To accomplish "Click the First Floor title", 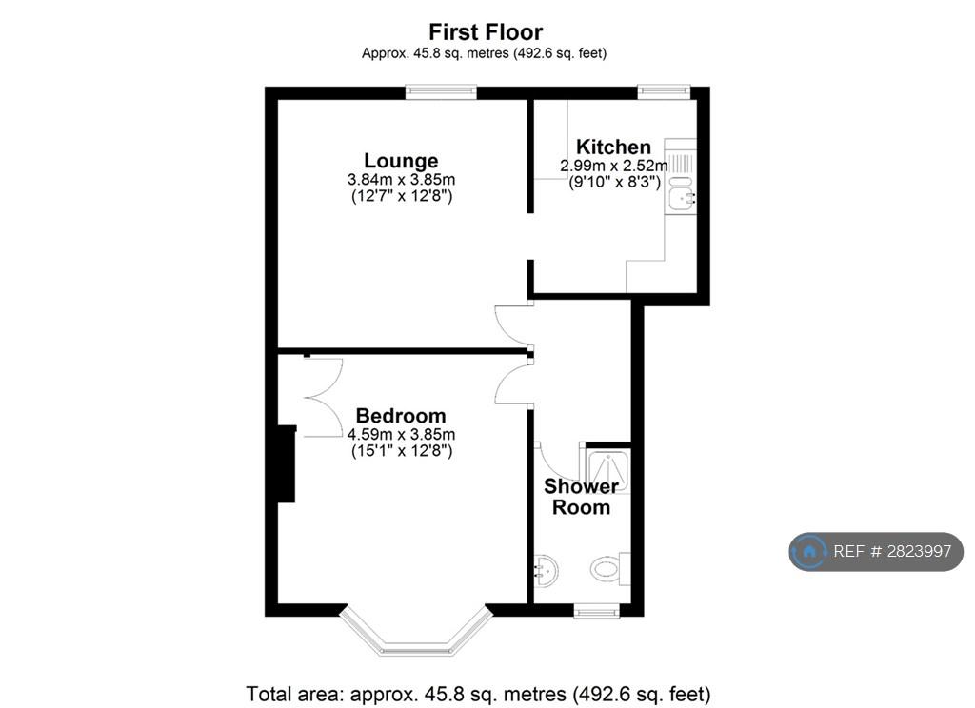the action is pos(486,31).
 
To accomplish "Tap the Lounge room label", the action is pos(401,161).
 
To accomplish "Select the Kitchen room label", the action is pos(614,147).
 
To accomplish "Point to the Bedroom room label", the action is pos(401,415).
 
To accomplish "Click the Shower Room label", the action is pos(582,497).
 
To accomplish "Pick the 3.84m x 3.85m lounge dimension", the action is pos(401,180).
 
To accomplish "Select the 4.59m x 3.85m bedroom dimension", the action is pos(401,434).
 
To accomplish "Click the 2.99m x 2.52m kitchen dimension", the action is pos(614,166).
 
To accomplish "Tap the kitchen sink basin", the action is pos(682,199).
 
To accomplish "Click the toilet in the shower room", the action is pos(609,568).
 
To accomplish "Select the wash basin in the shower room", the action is pos(546,570).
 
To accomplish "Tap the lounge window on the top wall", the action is pos(442,92).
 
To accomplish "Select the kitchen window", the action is pos(664,92).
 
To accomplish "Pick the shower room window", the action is pos(597,611).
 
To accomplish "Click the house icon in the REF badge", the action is pos(809,551).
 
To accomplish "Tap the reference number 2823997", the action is pos(919,551).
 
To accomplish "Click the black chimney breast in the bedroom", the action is pos(287,463).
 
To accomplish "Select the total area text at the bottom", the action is pos(478,693).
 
